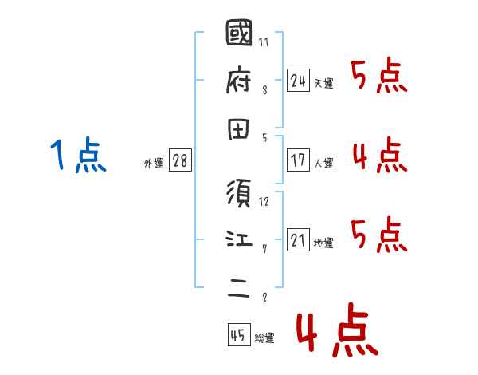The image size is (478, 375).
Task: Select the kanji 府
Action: [x=239, y=81]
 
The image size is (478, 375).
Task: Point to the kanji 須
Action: [x=239, y=194]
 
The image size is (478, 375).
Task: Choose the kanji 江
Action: [x=239, y=239]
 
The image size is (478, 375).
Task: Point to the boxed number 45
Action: [x=238, y=334]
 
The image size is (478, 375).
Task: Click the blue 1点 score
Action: [x=78, y=155]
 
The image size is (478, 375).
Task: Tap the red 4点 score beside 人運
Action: [x=380, y=156]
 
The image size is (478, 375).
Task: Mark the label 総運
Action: [x=264, y=338]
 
